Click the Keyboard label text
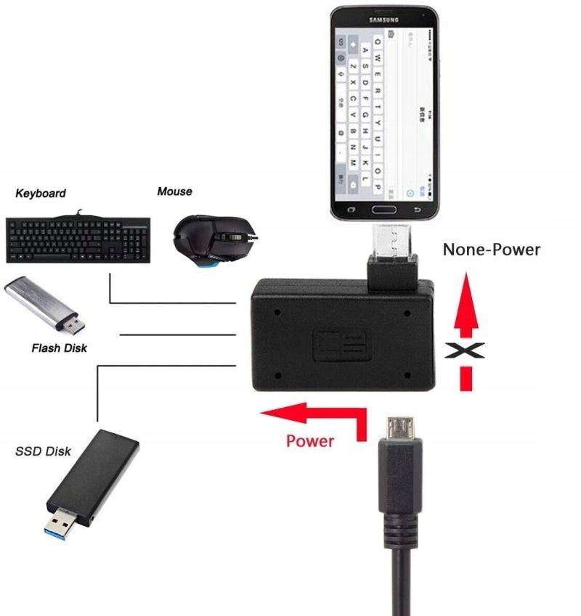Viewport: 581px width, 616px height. [41, 193]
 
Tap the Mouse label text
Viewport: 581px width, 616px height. [174, 192]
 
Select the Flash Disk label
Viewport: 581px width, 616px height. [59, 348]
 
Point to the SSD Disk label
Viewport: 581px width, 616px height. [43, 451]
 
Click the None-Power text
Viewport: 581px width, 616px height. [492, 250]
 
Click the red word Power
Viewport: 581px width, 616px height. [310, 440]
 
